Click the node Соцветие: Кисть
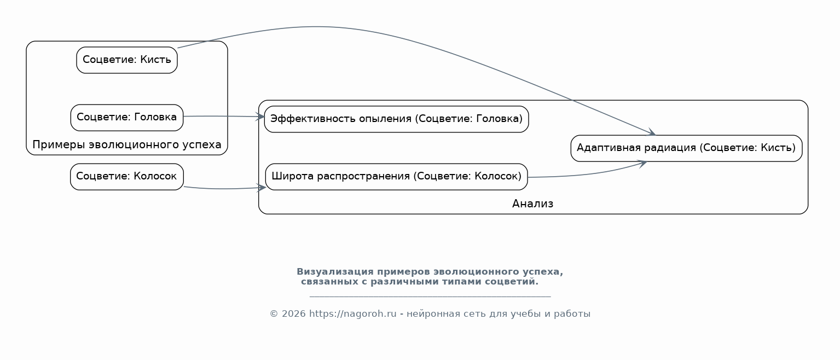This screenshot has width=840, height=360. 127,60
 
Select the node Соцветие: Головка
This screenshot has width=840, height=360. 127,118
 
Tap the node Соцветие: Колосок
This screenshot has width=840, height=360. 127,177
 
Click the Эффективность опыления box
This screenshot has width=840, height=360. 396,119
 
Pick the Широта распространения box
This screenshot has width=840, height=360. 396,177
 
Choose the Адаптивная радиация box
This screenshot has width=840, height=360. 686,148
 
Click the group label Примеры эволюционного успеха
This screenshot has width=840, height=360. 127,145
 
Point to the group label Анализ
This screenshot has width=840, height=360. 532,204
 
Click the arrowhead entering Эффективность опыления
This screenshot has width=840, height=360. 260,117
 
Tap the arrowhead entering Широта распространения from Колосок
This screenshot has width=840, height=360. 262,188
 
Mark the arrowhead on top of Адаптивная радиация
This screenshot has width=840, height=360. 651,132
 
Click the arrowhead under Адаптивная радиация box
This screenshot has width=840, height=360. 642,164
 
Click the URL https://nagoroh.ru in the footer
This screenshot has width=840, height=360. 352,314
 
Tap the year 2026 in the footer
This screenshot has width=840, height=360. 294,314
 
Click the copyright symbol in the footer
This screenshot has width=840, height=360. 274,314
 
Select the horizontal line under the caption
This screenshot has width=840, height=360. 430,297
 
